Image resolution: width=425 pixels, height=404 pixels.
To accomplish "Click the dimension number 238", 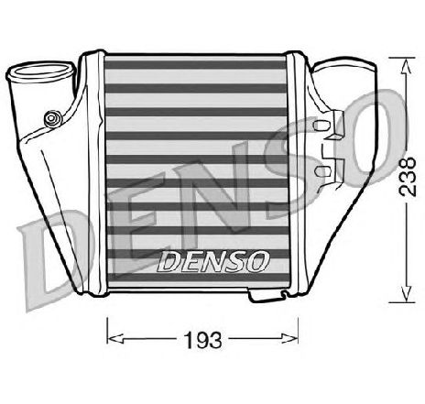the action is coord(408,177).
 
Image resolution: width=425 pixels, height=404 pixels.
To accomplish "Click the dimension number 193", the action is coord(203,340).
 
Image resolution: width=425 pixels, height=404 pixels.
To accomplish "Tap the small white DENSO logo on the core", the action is coord(213,261).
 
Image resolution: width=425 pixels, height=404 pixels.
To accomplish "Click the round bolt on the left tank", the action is coord(52,118).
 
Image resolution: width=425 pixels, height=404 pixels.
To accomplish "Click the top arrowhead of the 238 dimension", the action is coord(407,67).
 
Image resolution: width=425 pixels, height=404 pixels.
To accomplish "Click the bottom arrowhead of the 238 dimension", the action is coord(407,294).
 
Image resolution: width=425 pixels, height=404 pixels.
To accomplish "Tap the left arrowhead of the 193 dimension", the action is coord(115,338).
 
